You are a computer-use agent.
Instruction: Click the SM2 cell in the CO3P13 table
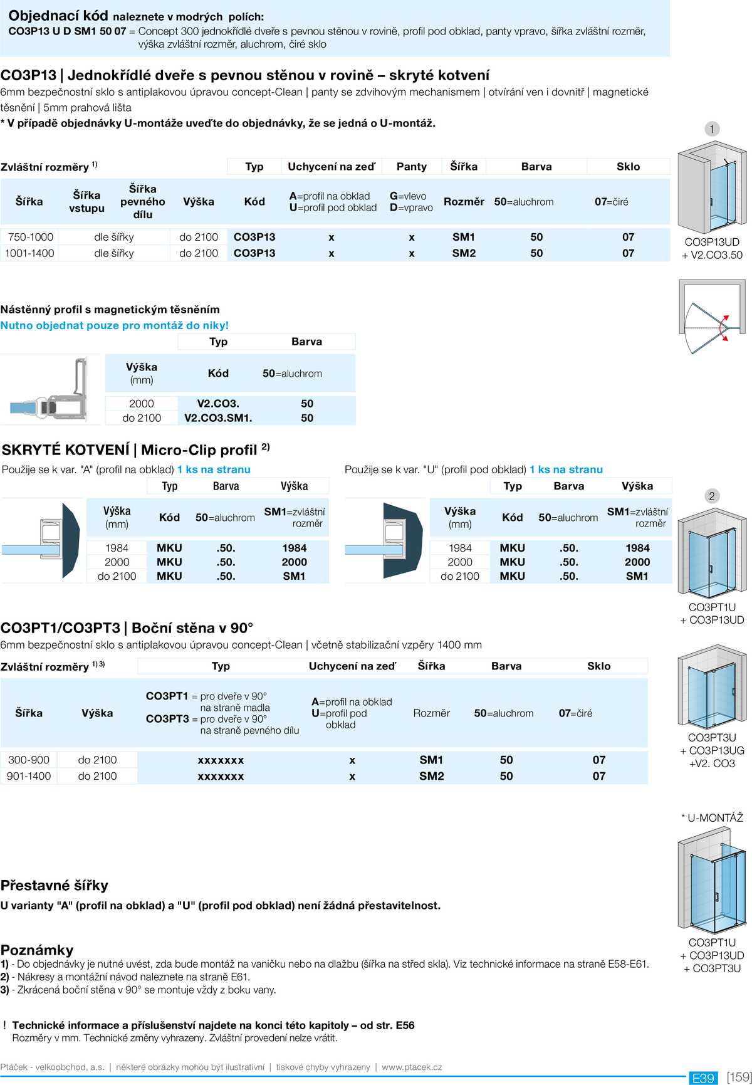click(464, 253)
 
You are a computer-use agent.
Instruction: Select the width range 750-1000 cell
click(31, 237)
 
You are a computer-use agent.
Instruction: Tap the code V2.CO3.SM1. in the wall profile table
click(218, 418)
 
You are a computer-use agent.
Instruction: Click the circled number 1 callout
click(711, 129)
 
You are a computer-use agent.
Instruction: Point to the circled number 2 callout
click(711, 496)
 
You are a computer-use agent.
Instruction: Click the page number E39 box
click(703, 1077)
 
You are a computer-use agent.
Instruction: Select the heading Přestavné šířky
click(55, 885)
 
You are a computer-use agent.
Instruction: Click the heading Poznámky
click(37, 950)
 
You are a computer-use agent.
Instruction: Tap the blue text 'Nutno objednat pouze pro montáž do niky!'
click(115, 325)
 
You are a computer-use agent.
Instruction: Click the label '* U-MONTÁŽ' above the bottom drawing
click(712, 817)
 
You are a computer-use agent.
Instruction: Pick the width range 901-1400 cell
click(29, 776)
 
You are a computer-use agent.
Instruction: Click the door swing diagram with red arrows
click(712, 317)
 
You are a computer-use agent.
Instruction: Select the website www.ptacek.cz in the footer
click(412, 1067)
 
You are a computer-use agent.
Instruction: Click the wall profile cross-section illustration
click(51, 389)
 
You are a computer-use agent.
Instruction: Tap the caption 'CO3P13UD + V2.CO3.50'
click(712, 249)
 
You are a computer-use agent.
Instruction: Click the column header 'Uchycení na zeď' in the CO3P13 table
click(331, 167)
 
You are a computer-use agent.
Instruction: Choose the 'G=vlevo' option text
click(408, 196)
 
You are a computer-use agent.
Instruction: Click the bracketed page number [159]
click(739, 1077)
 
